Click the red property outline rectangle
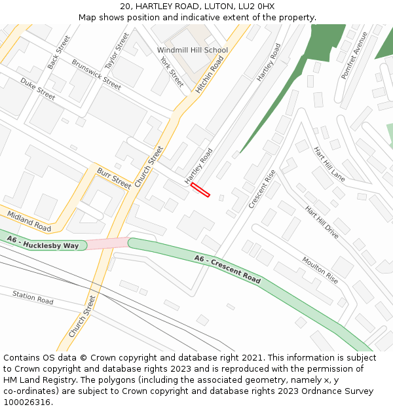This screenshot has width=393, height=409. coord(200,190)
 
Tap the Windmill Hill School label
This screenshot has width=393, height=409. coord(193,50)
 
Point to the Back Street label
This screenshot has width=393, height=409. coord(58,52)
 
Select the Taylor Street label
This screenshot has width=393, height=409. coord(117,51)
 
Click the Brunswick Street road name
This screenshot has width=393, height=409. coord(96,75)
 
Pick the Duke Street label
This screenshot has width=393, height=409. coord(37,88)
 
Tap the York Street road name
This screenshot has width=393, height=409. coord(172,71)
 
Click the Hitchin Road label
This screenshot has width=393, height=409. coord(210,74)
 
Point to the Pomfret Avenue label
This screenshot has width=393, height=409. coord(354,56)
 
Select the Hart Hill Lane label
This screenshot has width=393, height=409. coord(329,164)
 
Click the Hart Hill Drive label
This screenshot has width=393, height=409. coord(322,222)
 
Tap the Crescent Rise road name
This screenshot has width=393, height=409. coord(262,189)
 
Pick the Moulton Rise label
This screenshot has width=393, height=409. coord(320,270)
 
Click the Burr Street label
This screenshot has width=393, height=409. coord(114,177)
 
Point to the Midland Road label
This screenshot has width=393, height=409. coord(29,221)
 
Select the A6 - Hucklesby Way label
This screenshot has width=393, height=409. coord(43,243)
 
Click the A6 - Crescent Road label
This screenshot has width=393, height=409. coord(227,269)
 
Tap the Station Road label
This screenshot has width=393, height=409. coord(33,298)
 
